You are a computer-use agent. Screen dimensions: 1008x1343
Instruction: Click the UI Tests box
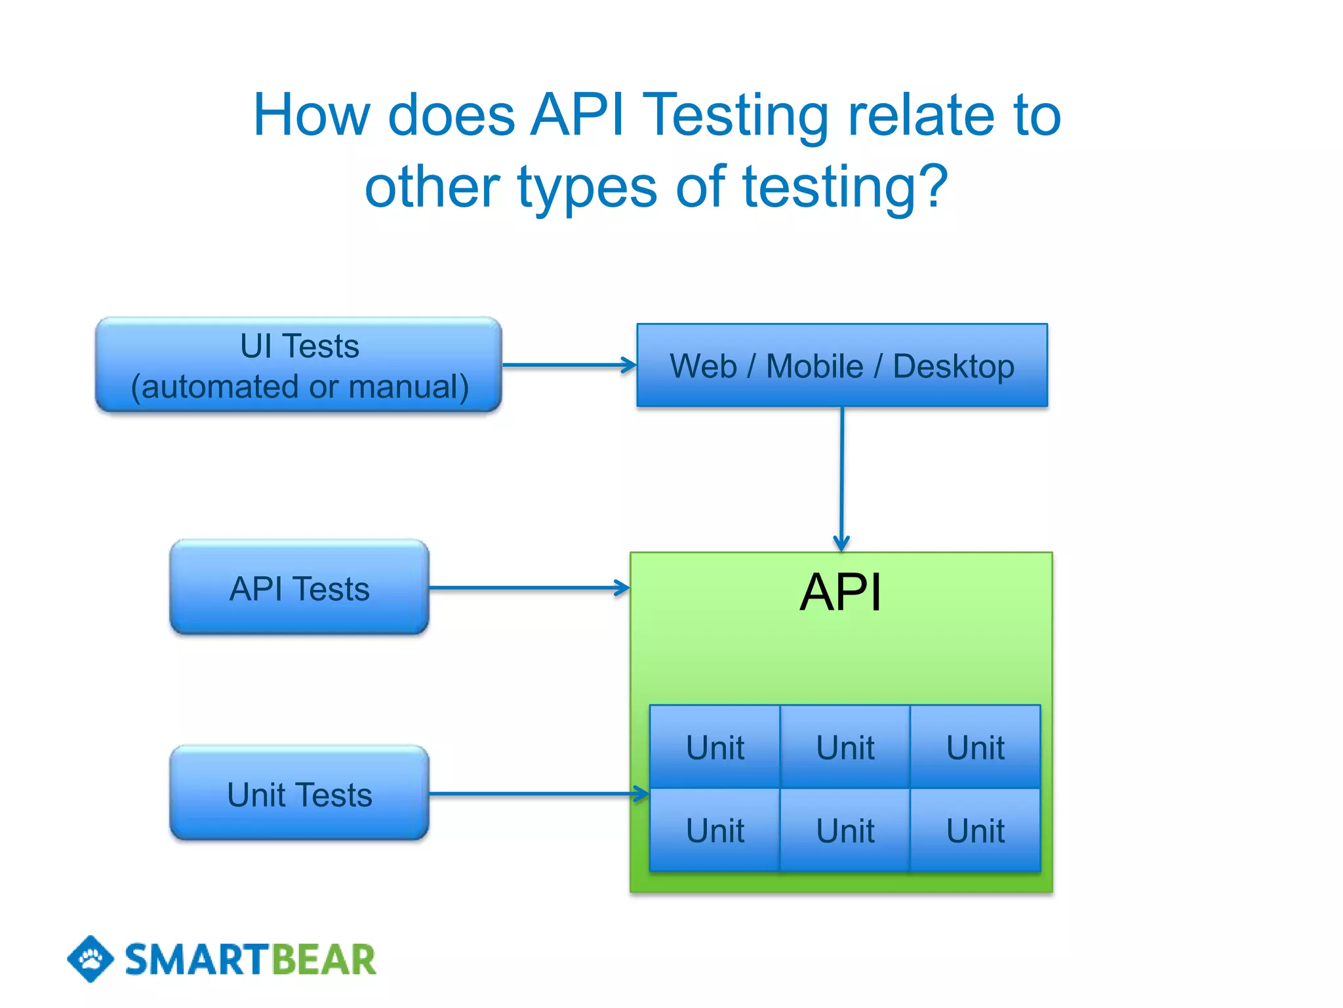click(299, 365)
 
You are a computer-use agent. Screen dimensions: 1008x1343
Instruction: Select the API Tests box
click(299, 587)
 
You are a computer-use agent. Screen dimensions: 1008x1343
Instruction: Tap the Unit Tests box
click(299, 793)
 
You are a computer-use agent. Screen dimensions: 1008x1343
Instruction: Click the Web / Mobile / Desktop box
click(842, 366)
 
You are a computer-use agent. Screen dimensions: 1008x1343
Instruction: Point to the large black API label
click(841, 592)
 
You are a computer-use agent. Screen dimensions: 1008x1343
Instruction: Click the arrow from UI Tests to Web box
click(568, 365)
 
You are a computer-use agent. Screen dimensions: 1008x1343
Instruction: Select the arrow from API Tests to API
click(529, 587)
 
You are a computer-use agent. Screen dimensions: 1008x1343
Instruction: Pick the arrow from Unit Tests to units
click(538, 794)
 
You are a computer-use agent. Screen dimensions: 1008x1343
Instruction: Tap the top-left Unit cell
click(715, 747)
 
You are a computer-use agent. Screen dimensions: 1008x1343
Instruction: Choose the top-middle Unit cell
click(845, 747)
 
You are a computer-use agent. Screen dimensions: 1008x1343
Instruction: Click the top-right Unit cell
click(975, 747)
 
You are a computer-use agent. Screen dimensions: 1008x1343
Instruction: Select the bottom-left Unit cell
click(715, 830)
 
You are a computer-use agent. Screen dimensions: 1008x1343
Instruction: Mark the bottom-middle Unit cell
click(845, 830)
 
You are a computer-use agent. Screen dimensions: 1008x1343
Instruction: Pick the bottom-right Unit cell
click(975, 830)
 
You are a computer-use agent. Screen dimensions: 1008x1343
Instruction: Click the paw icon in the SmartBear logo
click(90, 959)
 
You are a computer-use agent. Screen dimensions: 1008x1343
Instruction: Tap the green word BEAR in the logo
click(323, 959)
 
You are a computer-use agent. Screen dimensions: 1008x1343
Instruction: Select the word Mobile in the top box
click(814, 366)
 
